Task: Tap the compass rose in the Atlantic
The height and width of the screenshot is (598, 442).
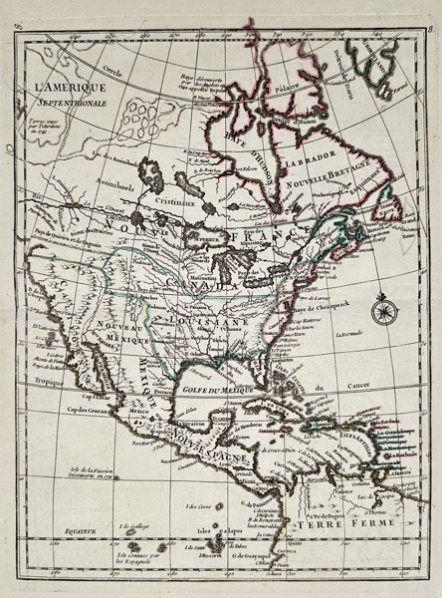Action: (380, 311)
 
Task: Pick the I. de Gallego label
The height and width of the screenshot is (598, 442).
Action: (133, 525)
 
